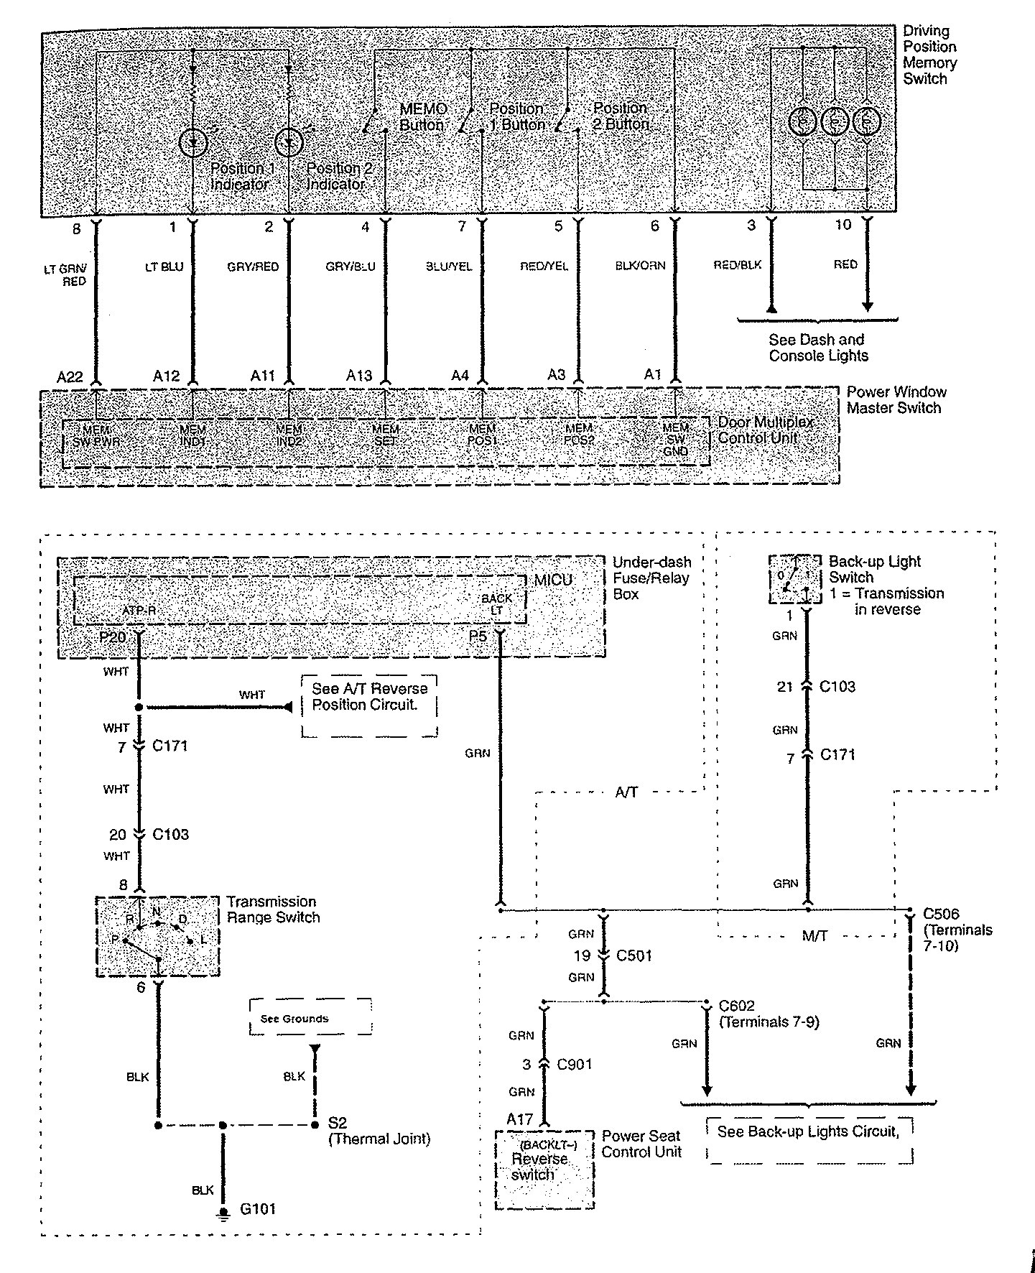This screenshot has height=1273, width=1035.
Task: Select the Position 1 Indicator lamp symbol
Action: (x=192, y=142)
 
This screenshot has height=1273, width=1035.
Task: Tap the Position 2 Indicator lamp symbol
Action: (x=289, y=142)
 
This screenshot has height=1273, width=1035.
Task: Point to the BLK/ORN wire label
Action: (x=640, y=266)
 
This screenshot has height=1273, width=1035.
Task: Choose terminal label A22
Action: (x=70, y=376)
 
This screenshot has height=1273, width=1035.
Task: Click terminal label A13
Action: (x=359, y=376)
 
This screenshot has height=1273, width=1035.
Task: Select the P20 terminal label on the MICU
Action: (x=114, y=636)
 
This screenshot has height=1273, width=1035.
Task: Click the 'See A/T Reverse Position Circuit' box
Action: (x=369, y=705)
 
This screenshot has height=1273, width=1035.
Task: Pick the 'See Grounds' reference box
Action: (x=310, y=1017)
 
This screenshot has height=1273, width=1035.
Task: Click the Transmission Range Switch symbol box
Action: (x=157, y=935)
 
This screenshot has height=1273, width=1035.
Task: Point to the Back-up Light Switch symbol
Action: (x=794, y=579)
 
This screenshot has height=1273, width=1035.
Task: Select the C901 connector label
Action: (x=575, y=1064)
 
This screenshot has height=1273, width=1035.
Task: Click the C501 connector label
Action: (x=634, y=956)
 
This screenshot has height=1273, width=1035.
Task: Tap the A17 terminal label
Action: (x=519, y=1119)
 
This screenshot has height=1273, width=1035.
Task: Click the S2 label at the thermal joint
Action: (x=337, y=1123)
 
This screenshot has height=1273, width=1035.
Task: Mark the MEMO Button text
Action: (x=422, y=117)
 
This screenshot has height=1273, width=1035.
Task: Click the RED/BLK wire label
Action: (x=737, y=265)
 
